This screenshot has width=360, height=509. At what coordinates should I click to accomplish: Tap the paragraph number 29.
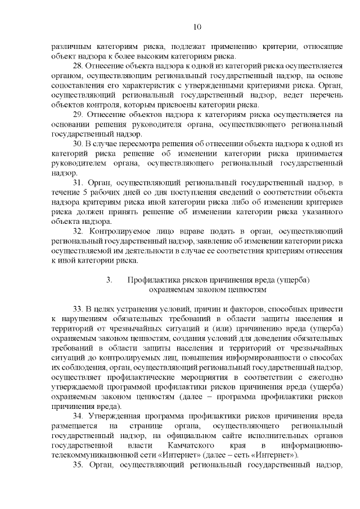[x=78, y=114]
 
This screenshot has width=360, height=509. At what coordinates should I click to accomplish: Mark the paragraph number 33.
[x=78, y=310]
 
